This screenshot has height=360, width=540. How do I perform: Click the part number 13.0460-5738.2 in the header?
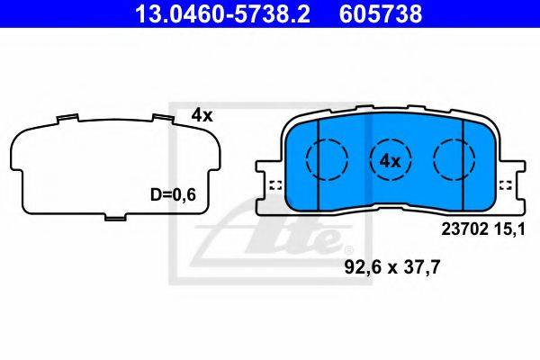click(223, 14)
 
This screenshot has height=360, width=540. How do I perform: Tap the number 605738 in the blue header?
click(381, 14)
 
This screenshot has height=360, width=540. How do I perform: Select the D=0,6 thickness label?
click(173, 194)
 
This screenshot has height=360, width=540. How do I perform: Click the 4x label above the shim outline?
click(202, 115)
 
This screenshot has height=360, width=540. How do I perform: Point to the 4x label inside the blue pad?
click(391, 161)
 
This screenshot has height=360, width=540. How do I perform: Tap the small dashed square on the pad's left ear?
click(276, 185)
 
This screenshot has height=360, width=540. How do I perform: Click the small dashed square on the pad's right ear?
click(506, 185)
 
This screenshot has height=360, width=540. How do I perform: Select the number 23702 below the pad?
click(465, 229)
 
